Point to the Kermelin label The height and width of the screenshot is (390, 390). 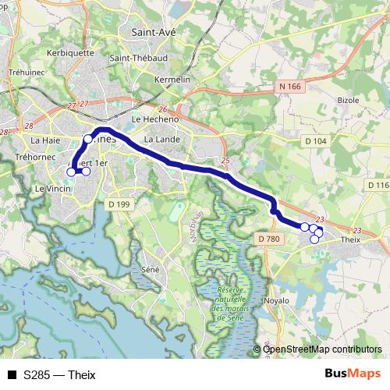click(172, 80)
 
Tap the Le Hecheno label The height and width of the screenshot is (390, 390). click(155, 119)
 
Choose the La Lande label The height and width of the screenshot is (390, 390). click(162, 139)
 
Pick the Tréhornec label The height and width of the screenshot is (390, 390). click(34, 157)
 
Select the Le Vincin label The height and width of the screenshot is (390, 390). click(52, 189)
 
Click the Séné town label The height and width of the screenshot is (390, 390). click(151, 269)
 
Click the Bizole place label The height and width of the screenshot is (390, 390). click(349, 101)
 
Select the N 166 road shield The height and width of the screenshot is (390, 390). click(288, 86)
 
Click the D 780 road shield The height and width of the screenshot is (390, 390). click(268, 239)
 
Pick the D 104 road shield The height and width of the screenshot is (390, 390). click(315, 140)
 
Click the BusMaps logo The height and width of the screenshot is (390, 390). click(352, 374)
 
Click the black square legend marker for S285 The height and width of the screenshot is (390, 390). click(12, 374)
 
